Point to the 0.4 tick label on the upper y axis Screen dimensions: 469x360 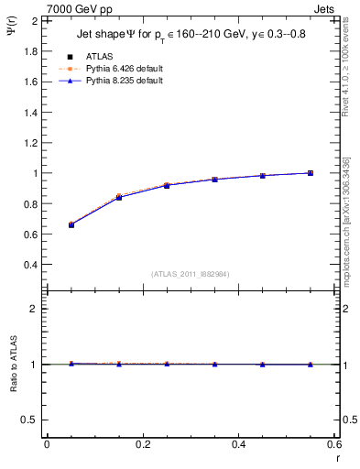(x=28, y=265)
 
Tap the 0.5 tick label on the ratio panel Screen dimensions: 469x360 (x=28, y=420)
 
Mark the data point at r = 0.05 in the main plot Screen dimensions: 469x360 (x=71, y=224)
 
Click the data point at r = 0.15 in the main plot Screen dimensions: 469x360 (x=119, y=197)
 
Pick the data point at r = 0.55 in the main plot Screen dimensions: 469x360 (x=311, y=173)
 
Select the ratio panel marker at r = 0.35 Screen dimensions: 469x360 (x=215, y=365)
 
